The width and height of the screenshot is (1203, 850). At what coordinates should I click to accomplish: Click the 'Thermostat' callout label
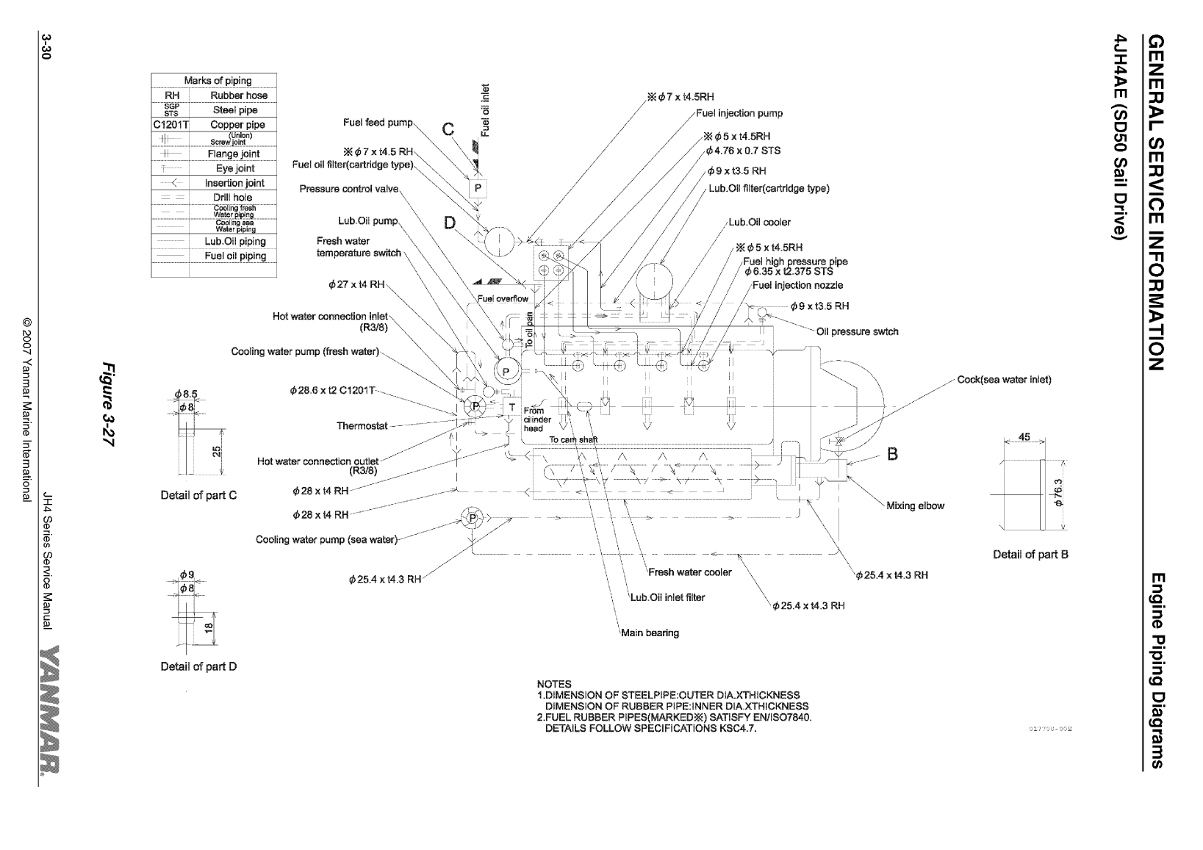(x=361, y=426)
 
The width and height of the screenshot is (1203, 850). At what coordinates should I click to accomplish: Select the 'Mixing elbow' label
(x=915, y=505)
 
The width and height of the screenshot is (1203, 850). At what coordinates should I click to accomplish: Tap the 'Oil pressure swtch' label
(x=857, y=331)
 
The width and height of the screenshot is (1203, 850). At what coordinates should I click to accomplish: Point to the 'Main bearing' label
(x=650, y=633)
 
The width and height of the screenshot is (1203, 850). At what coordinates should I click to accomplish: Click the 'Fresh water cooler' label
(x=689, y=572)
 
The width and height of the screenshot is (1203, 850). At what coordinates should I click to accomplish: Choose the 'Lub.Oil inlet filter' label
(x=667, y=597)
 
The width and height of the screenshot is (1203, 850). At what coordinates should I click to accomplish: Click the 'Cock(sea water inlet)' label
(x=1004, y=380)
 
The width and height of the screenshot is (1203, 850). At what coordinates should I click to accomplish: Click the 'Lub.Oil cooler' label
(x=759, y=222)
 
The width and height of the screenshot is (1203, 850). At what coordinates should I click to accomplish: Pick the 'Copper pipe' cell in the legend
(x=237, y=125)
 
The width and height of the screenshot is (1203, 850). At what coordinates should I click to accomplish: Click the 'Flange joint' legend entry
(x=234, y=154)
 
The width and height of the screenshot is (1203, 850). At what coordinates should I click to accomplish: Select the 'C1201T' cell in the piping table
(x=170, y=125)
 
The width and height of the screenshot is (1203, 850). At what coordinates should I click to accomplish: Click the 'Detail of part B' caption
(x=1030, y=555)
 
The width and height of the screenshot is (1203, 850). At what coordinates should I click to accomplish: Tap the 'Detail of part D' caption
(x=198, y=666)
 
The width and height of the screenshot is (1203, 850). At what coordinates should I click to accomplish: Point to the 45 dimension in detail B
(x=1024, y=437)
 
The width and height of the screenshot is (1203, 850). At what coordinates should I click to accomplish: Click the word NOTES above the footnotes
(x=554, y=684)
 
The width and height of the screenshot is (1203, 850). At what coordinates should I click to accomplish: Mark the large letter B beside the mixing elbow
(x=893, y=453)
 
